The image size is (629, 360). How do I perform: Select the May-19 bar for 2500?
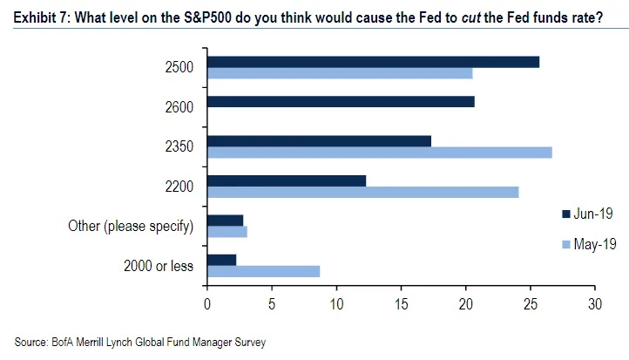click(x=340, y=73)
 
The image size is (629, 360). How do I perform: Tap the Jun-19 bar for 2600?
click(x=341, y=102)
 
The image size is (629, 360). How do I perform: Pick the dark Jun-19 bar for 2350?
click(x=319, y=141)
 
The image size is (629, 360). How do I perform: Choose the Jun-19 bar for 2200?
click(x=287, y=180)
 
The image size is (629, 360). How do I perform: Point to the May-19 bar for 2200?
click(x=363, y=192)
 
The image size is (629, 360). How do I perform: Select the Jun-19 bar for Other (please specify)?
click(x=226, y=221)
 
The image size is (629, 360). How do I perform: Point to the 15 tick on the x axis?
click(x=402, y=304)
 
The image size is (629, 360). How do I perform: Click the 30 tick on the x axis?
click(x=595, y=304)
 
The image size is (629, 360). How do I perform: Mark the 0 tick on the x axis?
click(x=207, y=304)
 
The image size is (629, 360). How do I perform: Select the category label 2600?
click(x=178, y=107)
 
